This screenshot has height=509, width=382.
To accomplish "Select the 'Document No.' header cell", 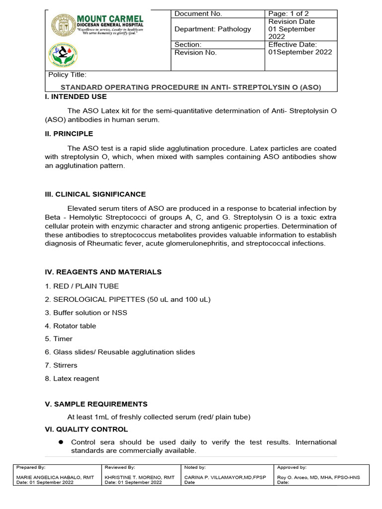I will tap(198, 13).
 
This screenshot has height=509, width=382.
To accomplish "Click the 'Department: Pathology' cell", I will tap(213, 29).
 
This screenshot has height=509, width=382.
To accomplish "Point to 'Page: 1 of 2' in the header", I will tap(288, 13).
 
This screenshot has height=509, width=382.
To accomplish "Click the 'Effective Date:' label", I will tap(292, 44).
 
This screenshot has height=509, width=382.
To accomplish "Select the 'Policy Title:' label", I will tap(67, 75).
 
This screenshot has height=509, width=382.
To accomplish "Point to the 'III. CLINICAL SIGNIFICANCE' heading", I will tap(95, 194).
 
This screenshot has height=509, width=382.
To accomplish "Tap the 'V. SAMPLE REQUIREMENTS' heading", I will tap(96, 404).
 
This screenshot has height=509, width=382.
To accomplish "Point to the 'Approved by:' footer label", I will tap(292, 467).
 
